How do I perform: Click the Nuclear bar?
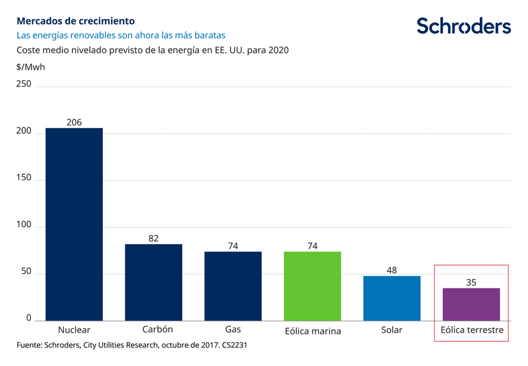[x=74, y=224]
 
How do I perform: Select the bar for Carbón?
[x=154, y=282]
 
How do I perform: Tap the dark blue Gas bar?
[x=233, y=286]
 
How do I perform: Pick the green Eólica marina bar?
[x=313, y=286]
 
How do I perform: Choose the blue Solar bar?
[x=392, y=298]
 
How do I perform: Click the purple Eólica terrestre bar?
[x=471, y=304]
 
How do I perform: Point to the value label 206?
[x=74, y=123]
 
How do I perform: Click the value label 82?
[x=154, y=239]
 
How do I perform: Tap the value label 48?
[x=392, y=271]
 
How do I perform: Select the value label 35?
[x=471, y=282]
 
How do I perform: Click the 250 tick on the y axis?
[x=24, y=84]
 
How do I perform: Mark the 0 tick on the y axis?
[x=29, y=318]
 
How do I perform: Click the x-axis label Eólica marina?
[x=313, y=331]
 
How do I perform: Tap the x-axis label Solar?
[x=392, y=330]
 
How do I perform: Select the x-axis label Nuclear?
[x=74, y=330]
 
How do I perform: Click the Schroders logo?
[x=464, y=26]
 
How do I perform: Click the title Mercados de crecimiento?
[x=75, y=21]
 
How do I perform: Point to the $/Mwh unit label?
[x=30, y=67]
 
